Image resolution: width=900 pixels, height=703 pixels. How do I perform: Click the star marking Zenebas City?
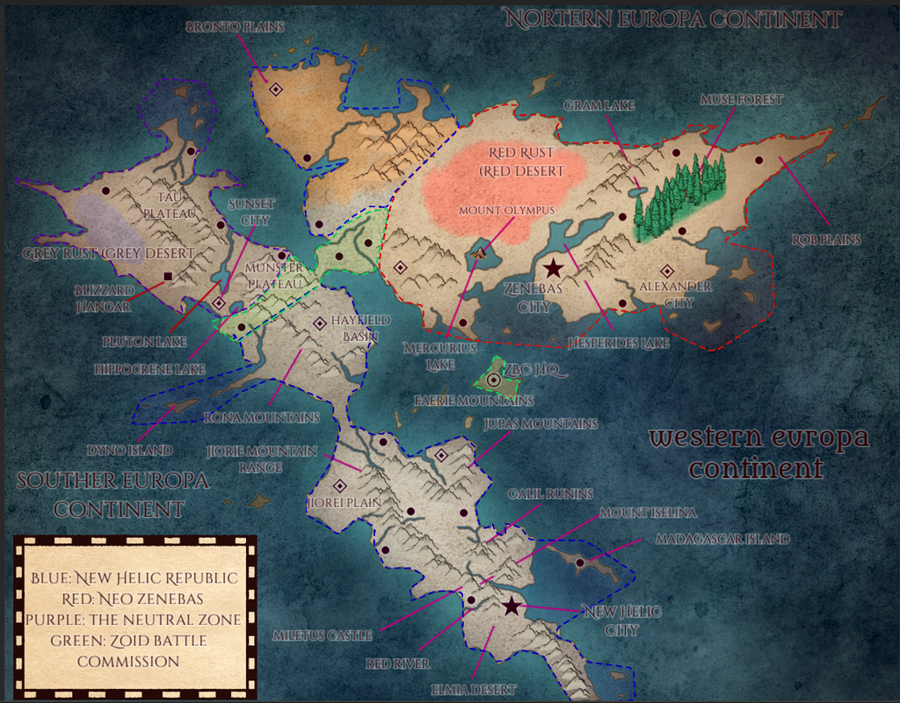[553, 269]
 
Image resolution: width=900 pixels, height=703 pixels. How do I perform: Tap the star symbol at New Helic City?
[512, 605]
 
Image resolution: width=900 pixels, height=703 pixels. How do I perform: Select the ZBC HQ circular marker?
[494, 380]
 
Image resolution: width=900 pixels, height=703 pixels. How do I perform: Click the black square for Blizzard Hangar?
[168, 277]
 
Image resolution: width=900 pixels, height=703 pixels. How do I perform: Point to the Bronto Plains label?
[236, 27]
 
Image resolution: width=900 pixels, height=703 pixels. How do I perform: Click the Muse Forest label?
[741, 100]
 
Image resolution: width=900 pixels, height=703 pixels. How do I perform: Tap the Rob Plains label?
[826, 239]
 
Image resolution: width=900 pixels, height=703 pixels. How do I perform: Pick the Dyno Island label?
[129, 451]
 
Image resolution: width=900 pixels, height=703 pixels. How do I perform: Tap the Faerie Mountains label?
[474, 401]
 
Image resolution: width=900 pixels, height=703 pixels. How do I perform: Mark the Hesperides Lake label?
[619, 344]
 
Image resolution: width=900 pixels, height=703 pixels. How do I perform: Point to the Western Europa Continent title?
[758, 452]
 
